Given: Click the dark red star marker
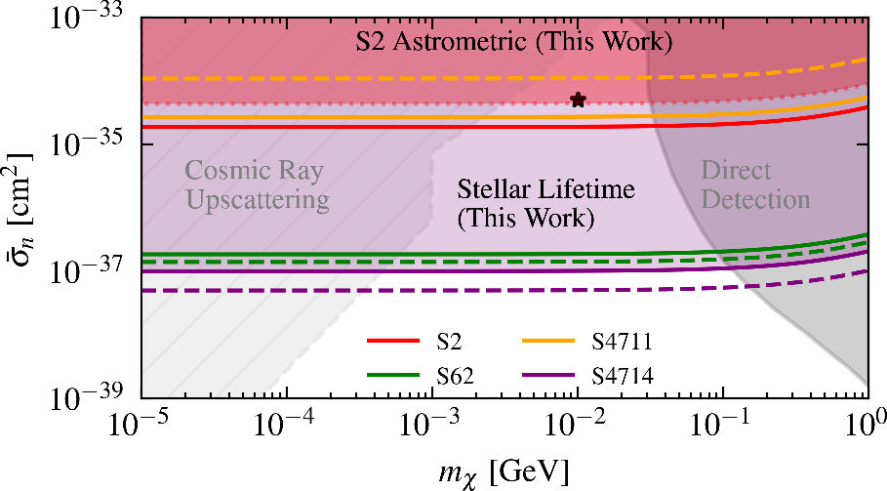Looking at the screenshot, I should (578, 100).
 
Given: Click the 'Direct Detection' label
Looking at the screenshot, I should (754, 185).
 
